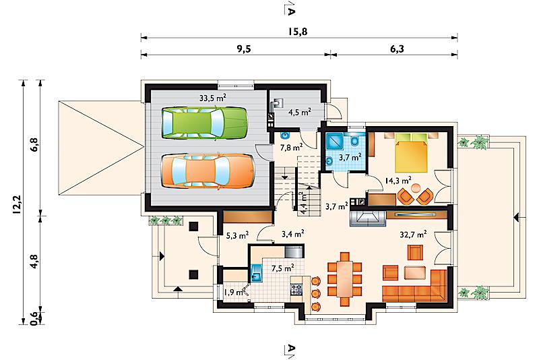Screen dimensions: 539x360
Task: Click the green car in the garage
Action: [205, 123]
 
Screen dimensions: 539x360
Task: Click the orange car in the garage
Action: [208, 171]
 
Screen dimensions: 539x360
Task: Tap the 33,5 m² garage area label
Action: [213, 98]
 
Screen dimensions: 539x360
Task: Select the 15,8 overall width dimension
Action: [298, 32]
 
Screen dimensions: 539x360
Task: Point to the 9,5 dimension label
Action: [244, 49]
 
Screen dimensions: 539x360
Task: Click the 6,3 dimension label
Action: [397, 49]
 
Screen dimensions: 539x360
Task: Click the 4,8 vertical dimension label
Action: [35, 262]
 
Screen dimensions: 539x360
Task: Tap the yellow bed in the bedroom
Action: [411, 152]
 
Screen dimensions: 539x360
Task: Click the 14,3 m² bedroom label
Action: [398, 180]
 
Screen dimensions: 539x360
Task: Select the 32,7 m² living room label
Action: [413, 235]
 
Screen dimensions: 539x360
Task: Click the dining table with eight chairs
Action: [344, 279]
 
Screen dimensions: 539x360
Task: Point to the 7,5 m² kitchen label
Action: [282, 268]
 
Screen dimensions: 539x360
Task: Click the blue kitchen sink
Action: [257, 273]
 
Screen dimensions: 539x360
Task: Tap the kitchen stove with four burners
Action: [296, 289]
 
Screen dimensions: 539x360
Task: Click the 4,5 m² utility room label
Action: [300, 112]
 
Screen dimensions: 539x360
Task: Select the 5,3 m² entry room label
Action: [238, 236]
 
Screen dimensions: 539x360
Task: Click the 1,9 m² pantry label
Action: [234, 293]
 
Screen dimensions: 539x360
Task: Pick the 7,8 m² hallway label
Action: [291, 148]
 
